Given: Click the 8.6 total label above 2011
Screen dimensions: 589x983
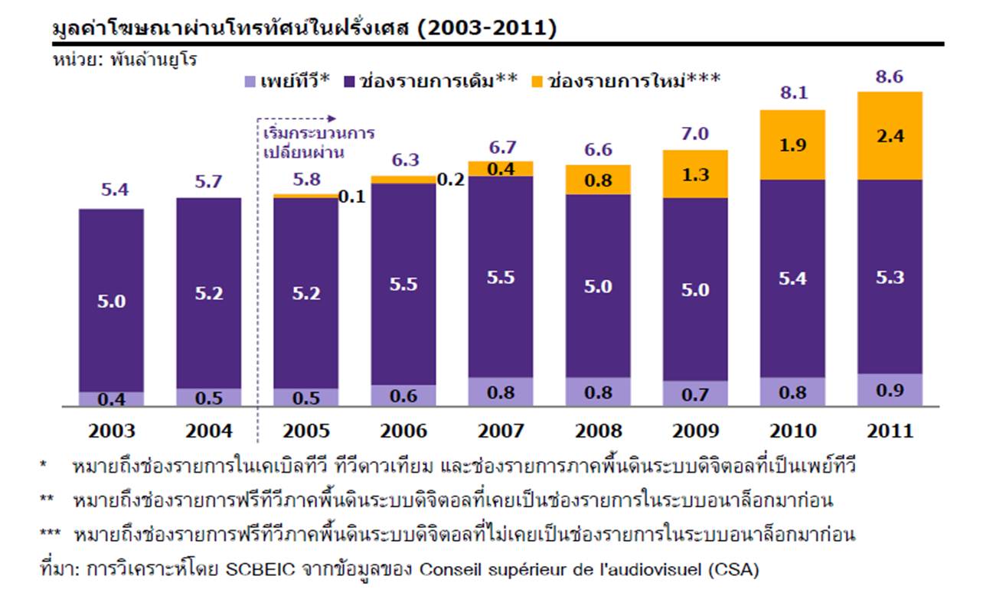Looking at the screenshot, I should point(890,77).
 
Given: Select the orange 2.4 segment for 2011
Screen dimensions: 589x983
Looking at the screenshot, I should point(890,135).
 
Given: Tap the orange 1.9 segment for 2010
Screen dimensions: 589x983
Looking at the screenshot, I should point(792,145).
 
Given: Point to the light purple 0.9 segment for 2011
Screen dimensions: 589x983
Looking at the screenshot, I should point(890,389).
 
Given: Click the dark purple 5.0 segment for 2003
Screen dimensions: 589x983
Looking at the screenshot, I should point(111,300).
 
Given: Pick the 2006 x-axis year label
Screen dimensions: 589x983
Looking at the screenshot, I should point(403,431).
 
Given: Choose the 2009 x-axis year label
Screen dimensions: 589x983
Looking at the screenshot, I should point(695,431).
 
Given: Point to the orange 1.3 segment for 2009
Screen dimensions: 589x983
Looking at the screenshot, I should point(695,174).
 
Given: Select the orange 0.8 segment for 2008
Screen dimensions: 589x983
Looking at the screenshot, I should point(598,179).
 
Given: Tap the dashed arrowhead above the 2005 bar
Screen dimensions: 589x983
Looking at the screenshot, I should point(331,119).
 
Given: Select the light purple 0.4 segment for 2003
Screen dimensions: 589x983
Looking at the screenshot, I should point(111,399).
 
